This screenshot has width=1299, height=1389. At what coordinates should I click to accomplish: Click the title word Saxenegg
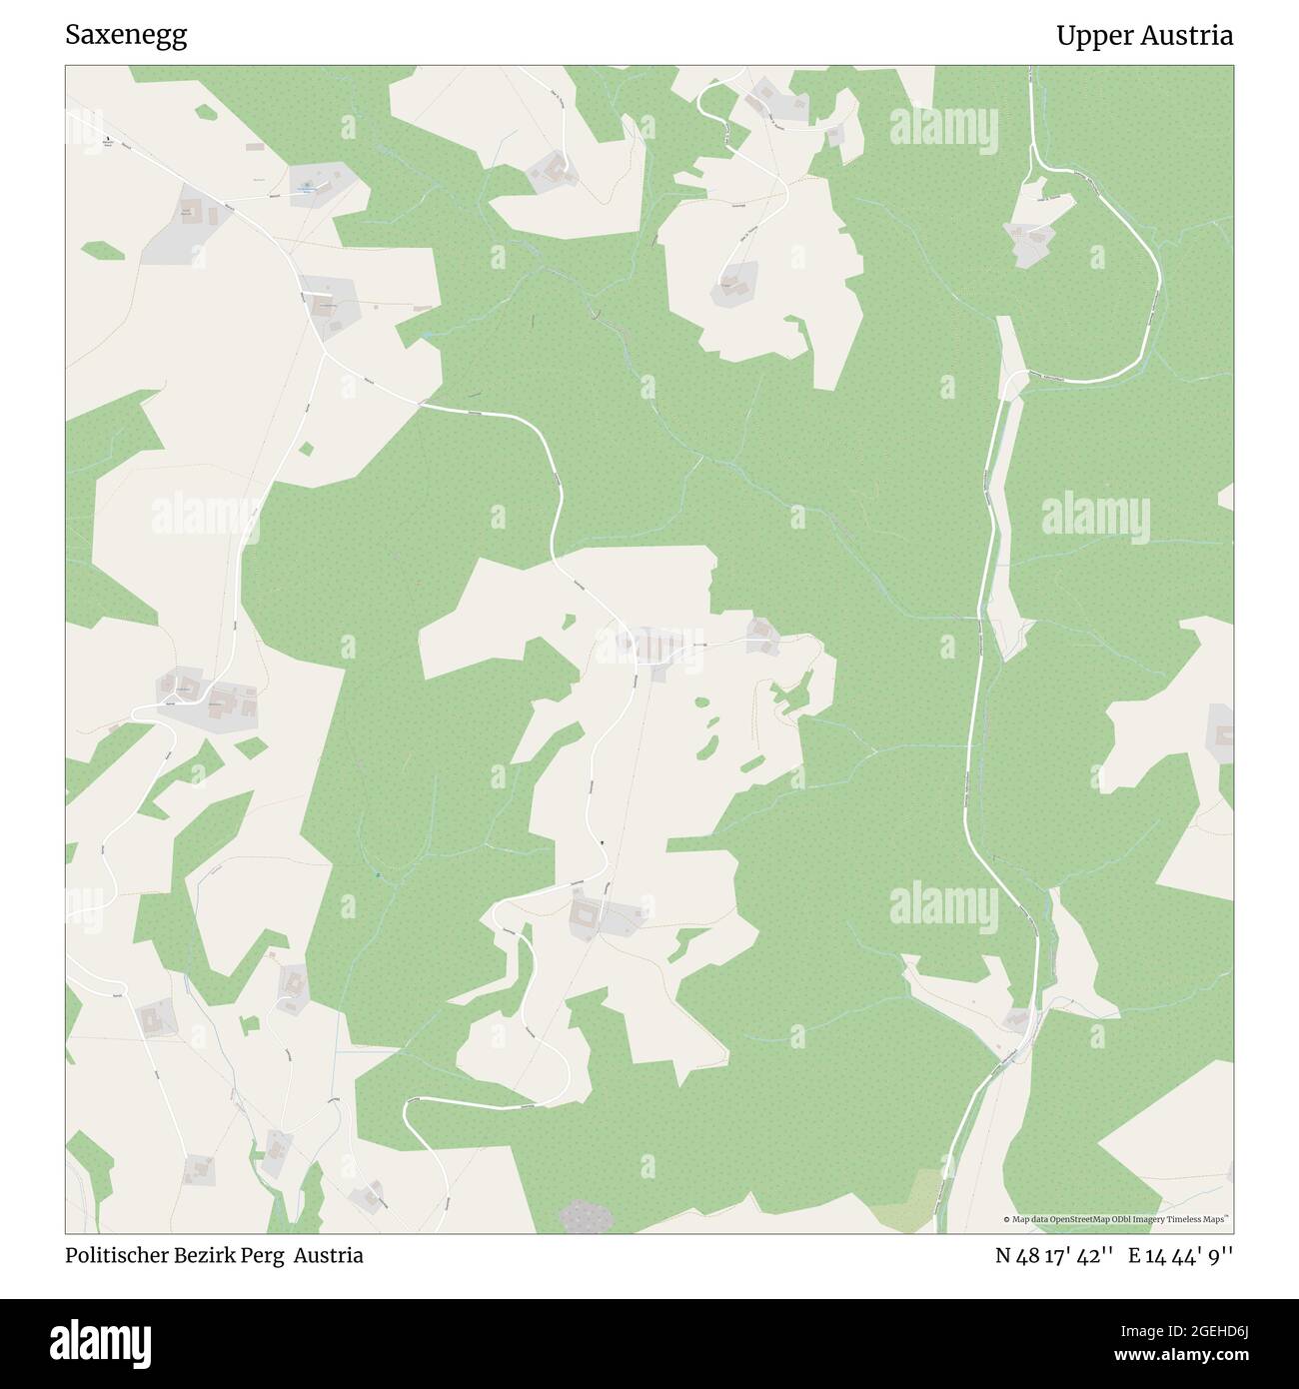pos(126,36)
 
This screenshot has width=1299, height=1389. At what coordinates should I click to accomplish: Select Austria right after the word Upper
pos(1190,36)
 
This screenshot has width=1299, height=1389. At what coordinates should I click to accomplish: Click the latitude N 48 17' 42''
pos(1054,1256)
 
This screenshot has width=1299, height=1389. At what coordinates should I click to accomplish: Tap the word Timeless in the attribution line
pos(1183,1220)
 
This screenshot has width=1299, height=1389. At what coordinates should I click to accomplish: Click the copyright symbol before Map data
pos(1006,1220)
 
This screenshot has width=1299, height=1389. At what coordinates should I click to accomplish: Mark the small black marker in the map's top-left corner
pos(106,139)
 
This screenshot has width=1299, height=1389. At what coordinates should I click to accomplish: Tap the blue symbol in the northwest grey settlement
pos(307,185)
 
